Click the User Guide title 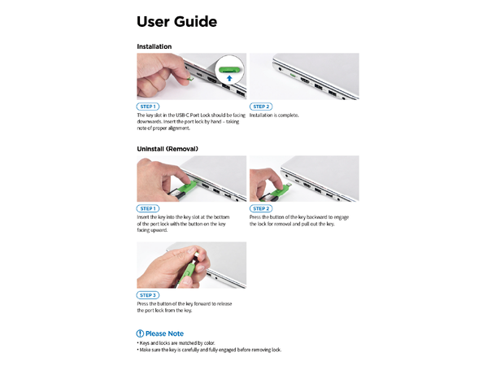[x=176, y=21]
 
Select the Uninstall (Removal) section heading [x=168, y=149]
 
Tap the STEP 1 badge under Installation [x=148, y=107]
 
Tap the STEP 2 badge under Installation [x=260, y=107]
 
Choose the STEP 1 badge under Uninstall [x=148, y=209]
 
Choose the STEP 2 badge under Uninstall [x=260, y=209]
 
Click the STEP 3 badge [x=148, y=294]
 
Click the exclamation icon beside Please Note [x=140, y=333]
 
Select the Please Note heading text [x=165, y=333]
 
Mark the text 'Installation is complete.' [x=274, y=115]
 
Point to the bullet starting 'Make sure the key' [x=209, y=350]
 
